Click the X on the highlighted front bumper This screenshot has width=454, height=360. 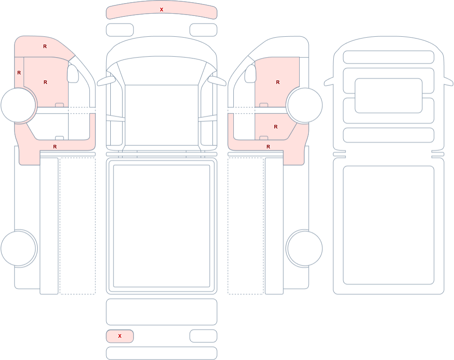[162, 10]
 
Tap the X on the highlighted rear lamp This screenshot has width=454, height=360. [120, 336]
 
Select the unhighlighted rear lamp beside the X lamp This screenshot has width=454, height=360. [203, 336]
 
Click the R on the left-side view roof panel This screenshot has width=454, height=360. [45, 46]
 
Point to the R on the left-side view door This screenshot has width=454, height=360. [45, 82]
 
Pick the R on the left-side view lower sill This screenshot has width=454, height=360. [55, 147]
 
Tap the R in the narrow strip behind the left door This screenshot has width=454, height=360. [19, 73]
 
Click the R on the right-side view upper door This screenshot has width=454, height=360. [278, 82]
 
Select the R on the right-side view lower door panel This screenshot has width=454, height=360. [276, 127]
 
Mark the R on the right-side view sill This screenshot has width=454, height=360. [268, 147]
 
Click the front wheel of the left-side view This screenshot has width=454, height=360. [19, 105]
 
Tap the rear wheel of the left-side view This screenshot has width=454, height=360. [19, 248]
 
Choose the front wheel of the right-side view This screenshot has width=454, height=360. [305, 105]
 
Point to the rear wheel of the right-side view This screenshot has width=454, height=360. [305, 248]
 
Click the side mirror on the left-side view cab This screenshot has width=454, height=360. [73, 74]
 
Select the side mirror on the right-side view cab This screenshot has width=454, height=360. [251, 74]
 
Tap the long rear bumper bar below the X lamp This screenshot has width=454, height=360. [162, 353]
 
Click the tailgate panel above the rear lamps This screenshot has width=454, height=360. [162, 312]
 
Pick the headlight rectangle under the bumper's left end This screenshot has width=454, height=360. [120, 30]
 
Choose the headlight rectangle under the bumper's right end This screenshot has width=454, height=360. [203, 30]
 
